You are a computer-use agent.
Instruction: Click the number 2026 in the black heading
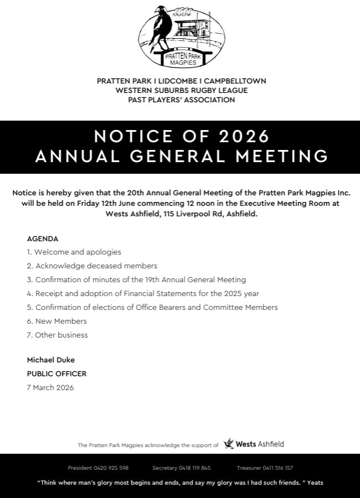pyautogui.click(x=244, y=136)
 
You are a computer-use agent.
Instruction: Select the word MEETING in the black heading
pyautogui.click(x=282, y=157)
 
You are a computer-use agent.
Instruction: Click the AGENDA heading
pyautogui.click(x=43, y=239)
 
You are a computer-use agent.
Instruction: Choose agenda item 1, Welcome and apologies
pyautogui.click(x=74, y=252)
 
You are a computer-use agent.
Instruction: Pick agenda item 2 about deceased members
pyautogui.click(x=92, y=266)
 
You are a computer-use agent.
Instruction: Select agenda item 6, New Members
pyautogui.click(x=56, y=321)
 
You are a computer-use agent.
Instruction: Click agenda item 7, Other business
pyautogui.click(x=57, y=335)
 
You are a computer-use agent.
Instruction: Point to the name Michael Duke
pyautogui.click(x=50, y=360)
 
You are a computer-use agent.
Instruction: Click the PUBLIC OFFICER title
pyautogui.click(x=56, y=374)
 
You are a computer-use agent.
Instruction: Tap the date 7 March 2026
pyautogui.click(x=50, y=388)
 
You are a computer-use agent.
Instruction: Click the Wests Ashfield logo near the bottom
pyautogui.click(x=254, y=444)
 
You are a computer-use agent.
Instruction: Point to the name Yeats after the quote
pyautogui.click(x=315, y=483)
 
